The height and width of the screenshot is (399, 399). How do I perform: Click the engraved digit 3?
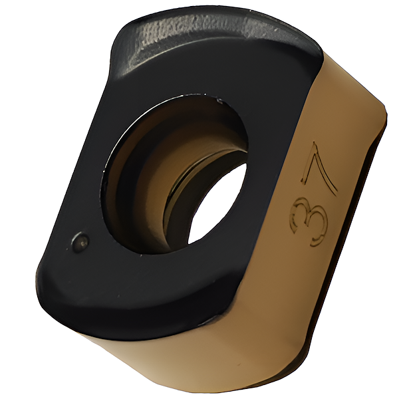[309, 221]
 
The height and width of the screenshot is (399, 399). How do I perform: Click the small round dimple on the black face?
[80, 241]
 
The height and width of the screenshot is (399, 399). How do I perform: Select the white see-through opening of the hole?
[216, 203]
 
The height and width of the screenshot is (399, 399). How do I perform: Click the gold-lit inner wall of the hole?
[153, 184]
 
